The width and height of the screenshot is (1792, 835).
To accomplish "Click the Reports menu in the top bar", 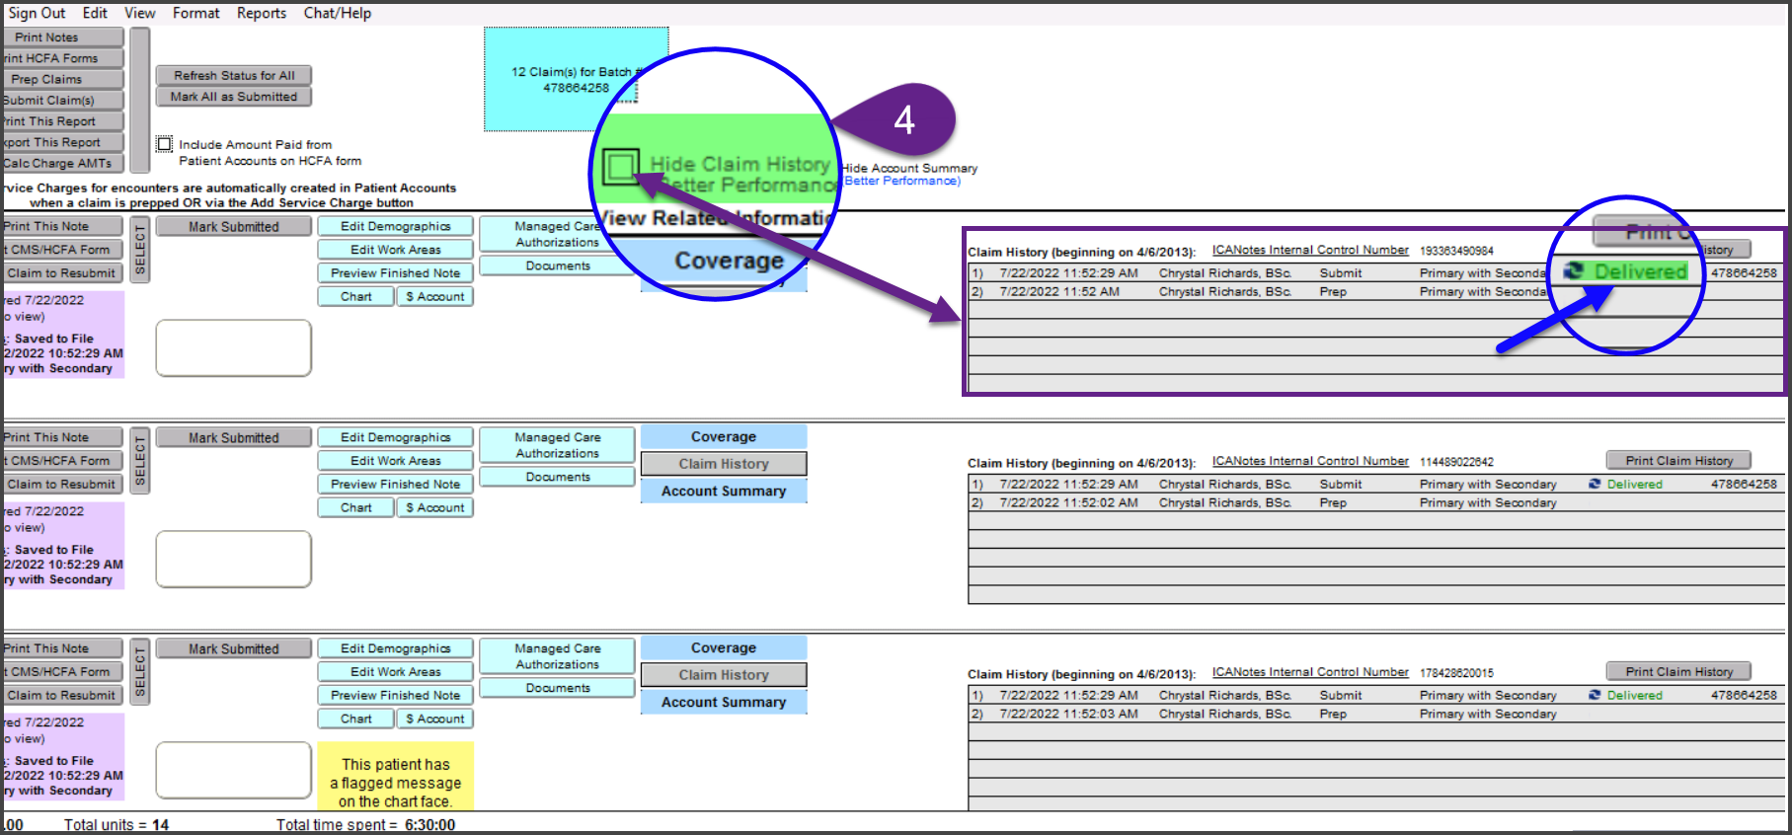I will pos(261,13).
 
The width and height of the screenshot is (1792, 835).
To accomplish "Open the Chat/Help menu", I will pos(337,13).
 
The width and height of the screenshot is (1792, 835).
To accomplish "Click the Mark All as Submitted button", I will pos(233,97).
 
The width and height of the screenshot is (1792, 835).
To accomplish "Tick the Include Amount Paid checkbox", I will pos(165,144).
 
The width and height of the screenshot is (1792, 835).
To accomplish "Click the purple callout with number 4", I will pos(903,120).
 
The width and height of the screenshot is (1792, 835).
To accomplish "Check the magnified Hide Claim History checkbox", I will pos(620,166).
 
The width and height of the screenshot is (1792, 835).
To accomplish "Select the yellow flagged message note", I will pos(395,782).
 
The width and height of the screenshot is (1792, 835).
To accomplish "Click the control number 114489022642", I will pos(1456,462).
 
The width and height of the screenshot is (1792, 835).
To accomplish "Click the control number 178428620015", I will pos(1456,673).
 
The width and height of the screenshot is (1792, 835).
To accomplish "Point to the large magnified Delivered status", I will pos(1640,271).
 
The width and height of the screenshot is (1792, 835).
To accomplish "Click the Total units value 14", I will pos(160,825).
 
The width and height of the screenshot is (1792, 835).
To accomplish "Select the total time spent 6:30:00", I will pos(429,825).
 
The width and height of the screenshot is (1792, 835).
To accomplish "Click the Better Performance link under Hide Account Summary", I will pos(901,181).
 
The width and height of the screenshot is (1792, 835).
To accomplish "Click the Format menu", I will pos(195,13).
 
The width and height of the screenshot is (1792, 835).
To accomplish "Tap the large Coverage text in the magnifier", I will pos(729,261).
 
